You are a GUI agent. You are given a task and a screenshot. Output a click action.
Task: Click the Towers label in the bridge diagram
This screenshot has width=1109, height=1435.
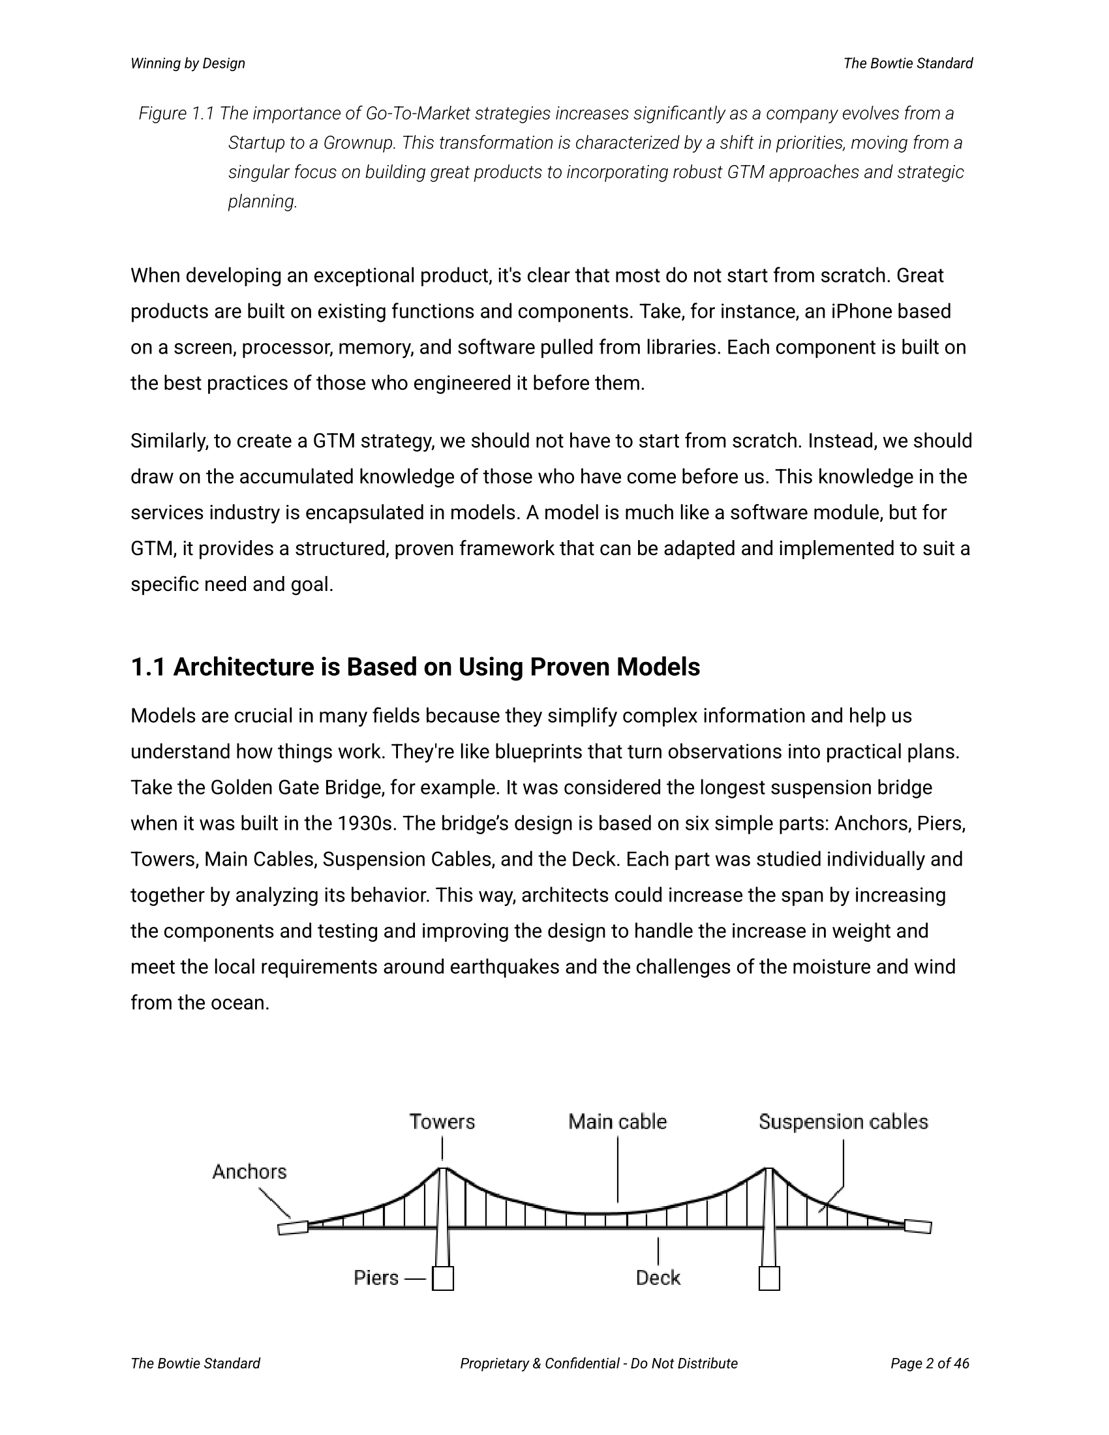[442, 1122]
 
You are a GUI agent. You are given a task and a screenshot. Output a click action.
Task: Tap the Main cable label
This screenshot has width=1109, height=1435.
[617, 1122]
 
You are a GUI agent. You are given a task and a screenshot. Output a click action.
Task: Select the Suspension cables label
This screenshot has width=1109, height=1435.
[843, 1122]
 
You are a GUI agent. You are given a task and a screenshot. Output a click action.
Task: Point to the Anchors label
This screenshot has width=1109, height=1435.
[250, 1171]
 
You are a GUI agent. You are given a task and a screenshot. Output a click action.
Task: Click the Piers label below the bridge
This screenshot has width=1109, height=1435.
[376, 1278]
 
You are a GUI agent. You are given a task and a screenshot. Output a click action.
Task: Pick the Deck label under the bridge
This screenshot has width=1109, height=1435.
[658, 1278]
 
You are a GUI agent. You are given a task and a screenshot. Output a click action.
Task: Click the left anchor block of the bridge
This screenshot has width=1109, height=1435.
[293, 1228]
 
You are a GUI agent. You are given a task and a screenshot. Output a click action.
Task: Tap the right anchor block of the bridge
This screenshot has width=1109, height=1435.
[918, 1226]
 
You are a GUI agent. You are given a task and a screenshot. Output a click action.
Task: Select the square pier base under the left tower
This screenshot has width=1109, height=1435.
[443, 1278]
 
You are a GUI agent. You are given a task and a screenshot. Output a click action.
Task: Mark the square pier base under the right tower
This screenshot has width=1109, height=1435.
[769, 1278]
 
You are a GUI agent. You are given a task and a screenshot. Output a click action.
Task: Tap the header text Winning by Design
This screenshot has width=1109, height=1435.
[188, 64]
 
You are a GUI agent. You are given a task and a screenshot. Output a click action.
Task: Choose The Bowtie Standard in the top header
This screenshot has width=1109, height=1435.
[908, 64]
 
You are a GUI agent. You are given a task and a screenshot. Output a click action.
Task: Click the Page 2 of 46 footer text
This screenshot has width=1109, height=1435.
[930, 1363]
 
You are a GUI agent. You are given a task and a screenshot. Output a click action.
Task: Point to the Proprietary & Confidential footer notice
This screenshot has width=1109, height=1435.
[598, 1363]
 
